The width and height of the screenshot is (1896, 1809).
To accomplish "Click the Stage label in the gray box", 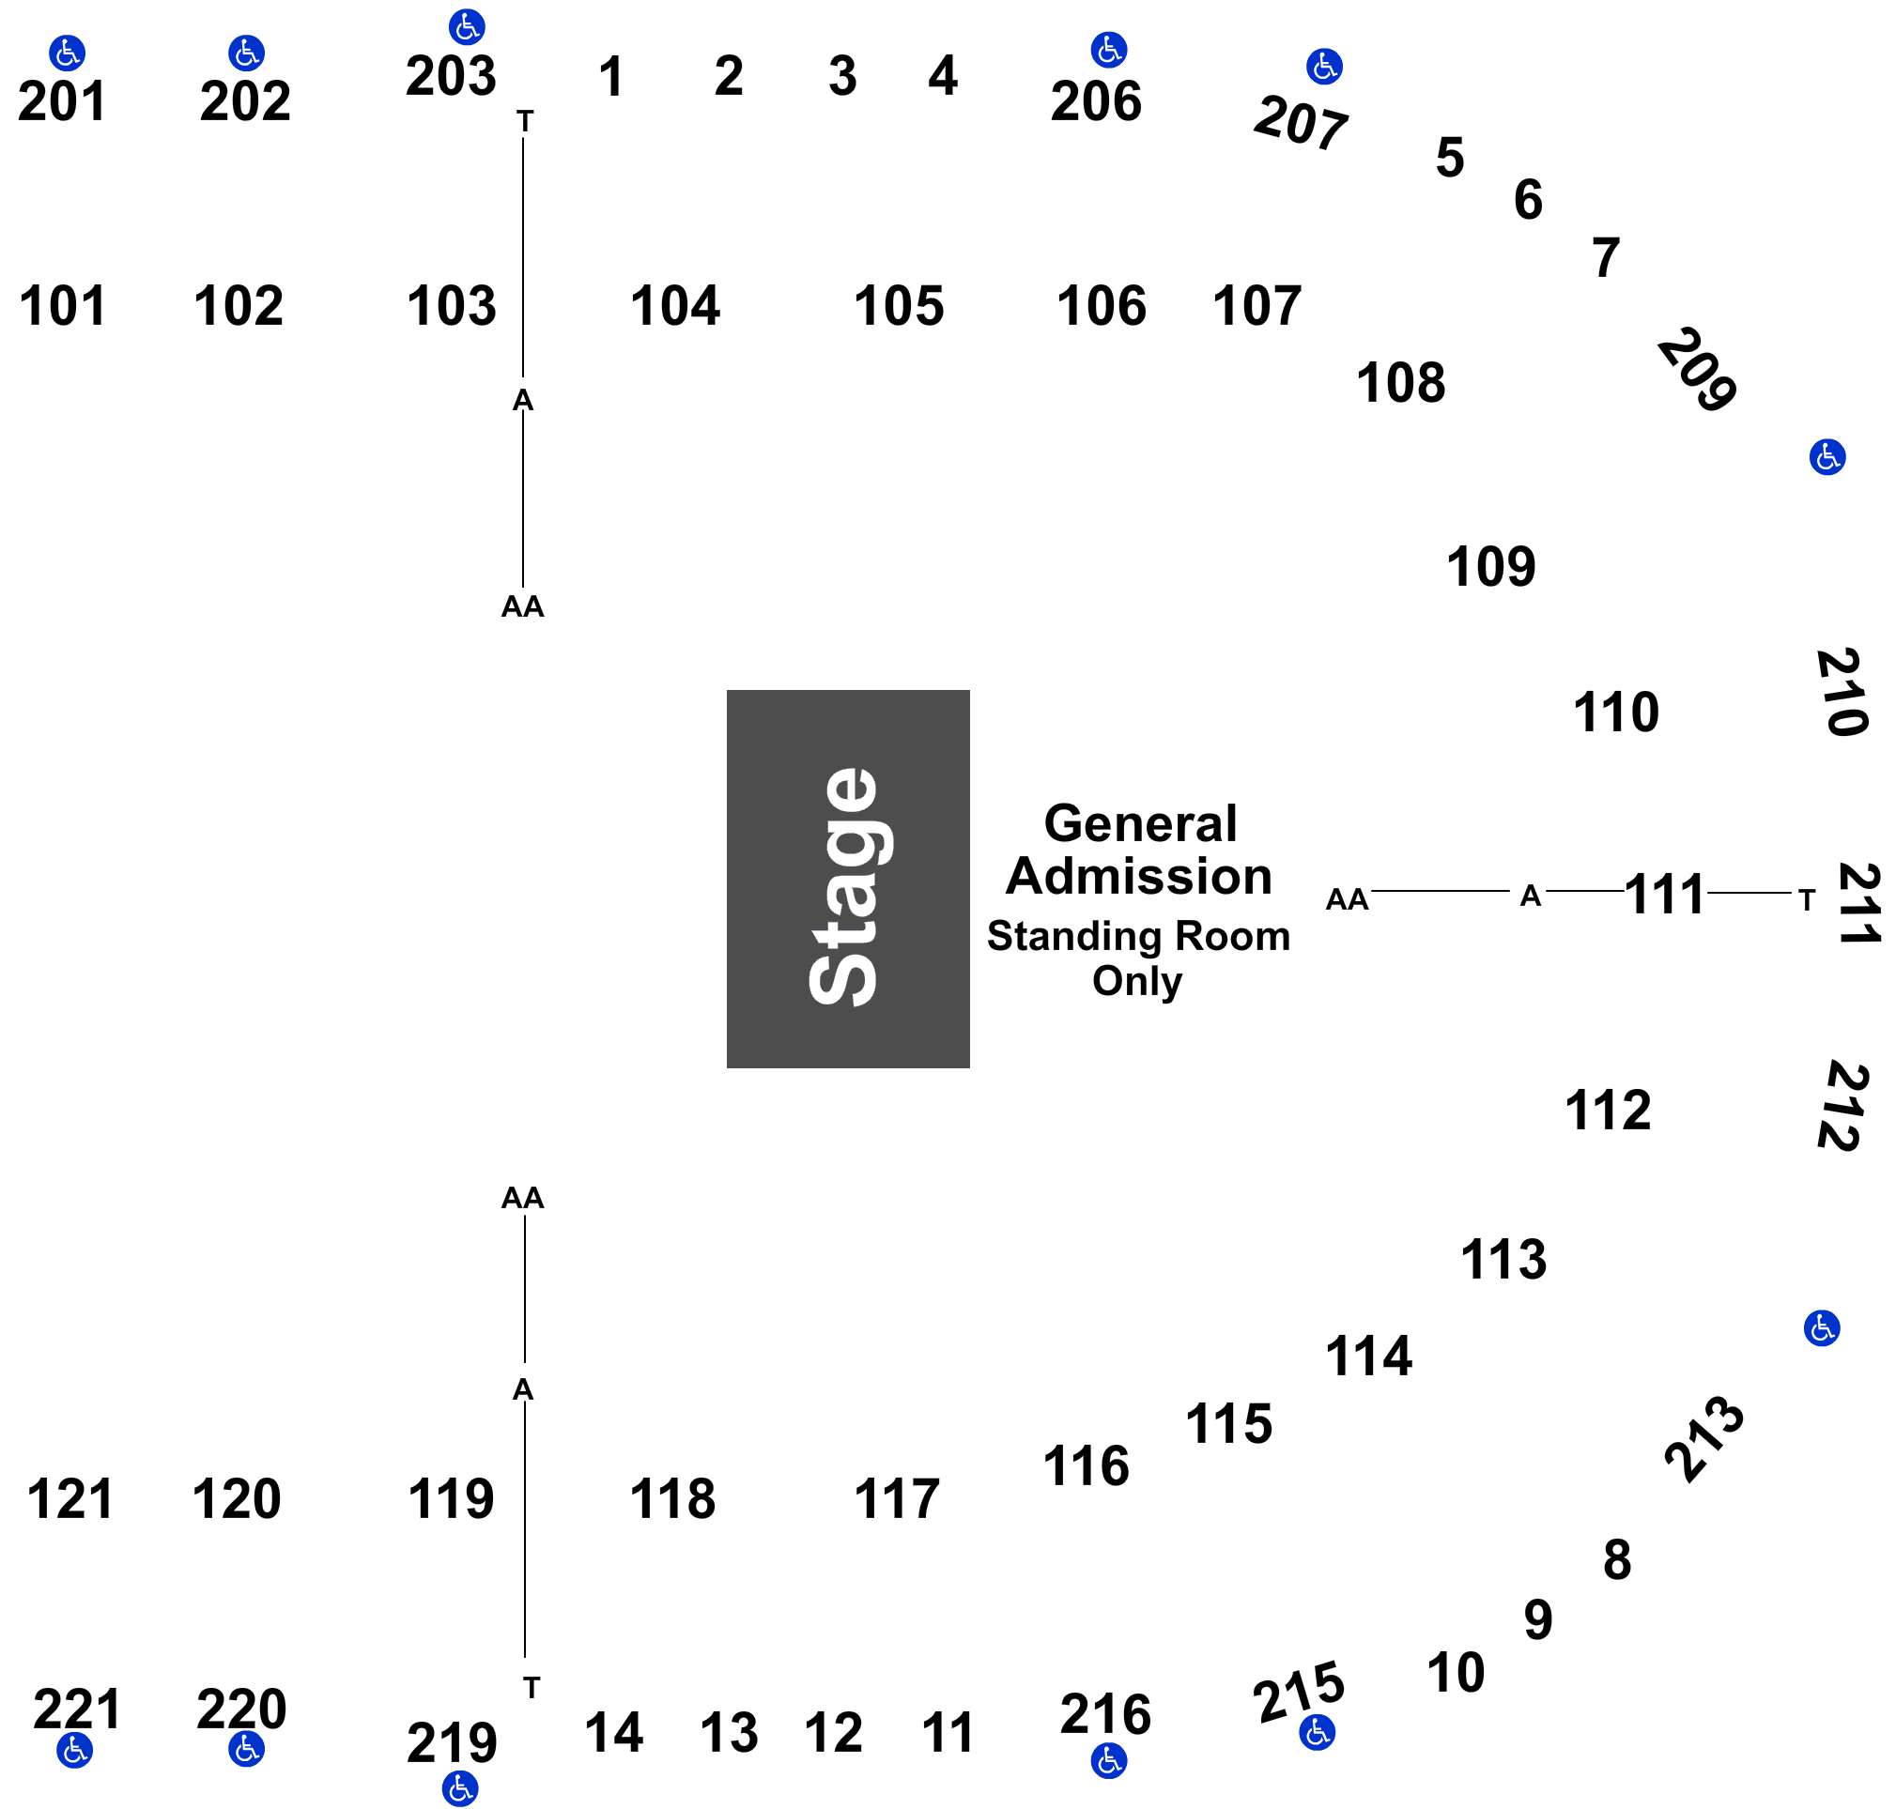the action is point(842,886).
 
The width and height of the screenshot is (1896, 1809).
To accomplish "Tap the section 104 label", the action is point(674,306).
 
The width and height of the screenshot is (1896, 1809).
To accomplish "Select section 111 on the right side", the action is point(1664,894).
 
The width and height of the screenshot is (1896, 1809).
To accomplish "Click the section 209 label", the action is point(1696,369).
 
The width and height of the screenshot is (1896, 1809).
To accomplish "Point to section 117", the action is point(896,1498).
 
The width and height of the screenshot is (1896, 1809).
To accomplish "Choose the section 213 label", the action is point(1704,1439).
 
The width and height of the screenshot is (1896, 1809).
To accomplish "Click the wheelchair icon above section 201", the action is point(67,53).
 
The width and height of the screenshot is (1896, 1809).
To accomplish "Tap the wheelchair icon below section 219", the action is point(459,1787).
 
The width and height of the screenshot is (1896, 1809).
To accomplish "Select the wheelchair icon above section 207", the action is point(1323,67).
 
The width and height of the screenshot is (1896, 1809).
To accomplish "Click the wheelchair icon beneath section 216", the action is point(1108,1761).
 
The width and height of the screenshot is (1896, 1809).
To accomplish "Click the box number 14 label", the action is point(613,1733).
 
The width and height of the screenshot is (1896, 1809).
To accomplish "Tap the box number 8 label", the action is point(1616,1559).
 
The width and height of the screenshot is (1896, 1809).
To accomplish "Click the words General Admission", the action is point(1139,850).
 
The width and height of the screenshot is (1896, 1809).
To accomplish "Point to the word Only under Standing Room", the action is point(1136,982).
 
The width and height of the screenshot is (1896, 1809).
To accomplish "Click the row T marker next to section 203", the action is point(524,121).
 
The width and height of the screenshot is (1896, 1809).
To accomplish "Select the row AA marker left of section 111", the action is point(1347,899).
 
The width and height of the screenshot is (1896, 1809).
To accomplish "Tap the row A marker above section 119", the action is point(523,1389).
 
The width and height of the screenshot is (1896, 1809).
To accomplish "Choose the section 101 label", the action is point(63,306).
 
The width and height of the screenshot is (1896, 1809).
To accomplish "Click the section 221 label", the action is point(77,1709).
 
